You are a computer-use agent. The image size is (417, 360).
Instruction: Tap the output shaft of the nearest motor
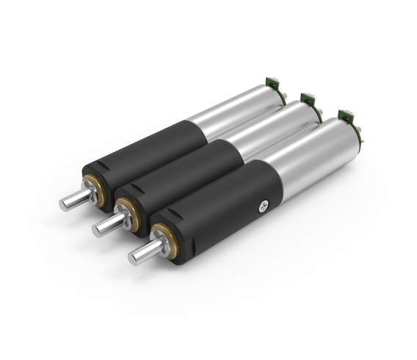point(146,250)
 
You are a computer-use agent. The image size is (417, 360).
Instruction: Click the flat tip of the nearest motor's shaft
point(135,256)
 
